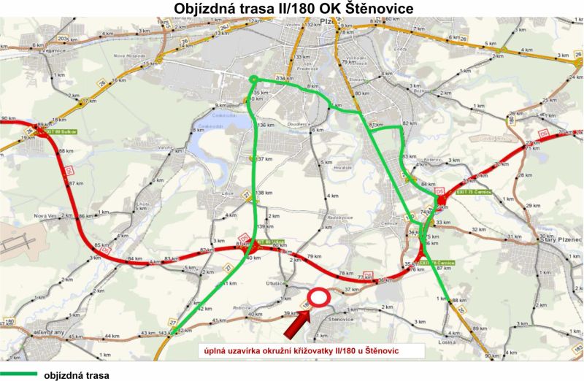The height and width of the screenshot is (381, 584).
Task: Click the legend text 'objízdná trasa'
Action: pyautogui.click(x=77, y=375)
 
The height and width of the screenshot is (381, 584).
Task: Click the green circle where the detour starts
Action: pyautogui.click(x=253, y=79)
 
